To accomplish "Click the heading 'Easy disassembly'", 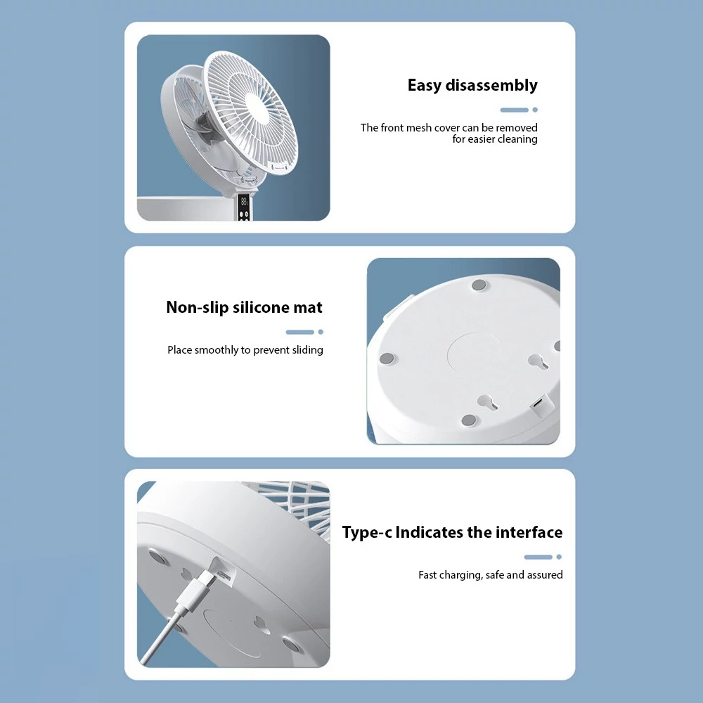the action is click(472, 85).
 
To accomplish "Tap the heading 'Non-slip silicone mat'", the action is click(244, 307).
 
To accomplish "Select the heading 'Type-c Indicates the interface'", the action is click(452, 532).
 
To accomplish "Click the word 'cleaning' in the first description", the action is click(517, 139).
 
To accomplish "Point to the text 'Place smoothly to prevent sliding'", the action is click(245, 349).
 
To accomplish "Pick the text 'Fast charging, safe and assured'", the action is click(491, 575).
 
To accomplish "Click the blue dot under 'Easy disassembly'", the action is click(535, 110).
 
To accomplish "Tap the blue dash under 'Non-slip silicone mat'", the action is click(300, 333).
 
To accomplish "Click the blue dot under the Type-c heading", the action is click(559, 557).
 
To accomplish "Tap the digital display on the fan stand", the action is click(243, 201).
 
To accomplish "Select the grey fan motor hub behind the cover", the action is click(205, 128).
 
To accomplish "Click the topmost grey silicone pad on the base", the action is click(479, 285).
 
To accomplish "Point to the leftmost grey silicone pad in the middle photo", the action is click(387, 359).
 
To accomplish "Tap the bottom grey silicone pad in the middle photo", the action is click(468, 420).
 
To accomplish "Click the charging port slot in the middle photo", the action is click(538, 402).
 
